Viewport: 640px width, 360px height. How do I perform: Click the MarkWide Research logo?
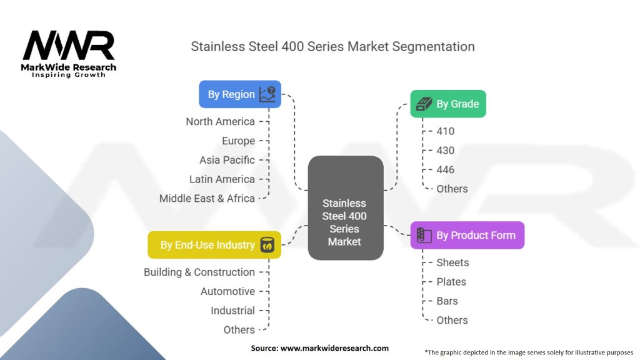[x=69, y=54]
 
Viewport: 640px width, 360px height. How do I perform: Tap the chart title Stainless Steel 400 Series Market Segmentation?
[x=332, y=47]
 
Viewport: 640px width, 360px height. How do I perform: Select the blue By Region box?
[x=240, y=94]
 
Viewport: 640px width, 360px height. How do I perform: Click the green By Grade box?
[x=447, y=104]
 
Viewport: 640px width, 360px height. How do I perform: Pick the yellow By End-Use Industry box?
[x=214, y=245]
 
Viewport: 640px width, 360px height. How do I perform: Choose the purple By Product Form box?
[x=467, y=236]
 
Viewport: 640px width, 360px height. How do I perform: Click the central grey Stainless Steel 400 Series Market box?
[x=345, y=209]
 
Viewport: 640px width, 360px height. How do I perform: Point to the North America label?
[x=220, y=121]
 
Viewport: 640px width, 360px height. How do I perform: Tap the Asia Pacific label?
[x=227, y=160]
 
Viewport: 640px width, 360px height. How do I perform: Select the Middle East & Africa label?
[x=207, y=199]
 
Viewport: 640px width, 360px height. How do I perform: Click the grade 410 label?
[x=446, y=131]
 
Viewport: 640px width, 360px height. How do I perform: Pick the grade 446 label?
[x=446, y=170]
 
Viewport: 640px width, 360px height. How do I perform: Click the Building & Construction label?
[x=199, y=272]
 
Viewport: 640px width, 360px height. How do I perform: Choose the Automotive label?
[x=227, y=292]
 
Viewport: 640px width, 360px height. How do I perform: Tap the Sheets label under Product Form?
[x=452, y=263]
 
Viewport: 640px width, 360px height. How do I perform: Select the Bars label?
[x=447, y=301]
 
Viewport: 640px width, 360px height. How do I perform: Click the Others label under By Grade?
[x=452, y=189]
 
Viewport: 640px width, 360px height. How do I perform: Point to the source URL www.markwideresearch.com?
[x=320, y=348]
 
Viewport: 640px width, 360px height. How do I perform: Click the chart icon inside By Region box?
[x=267, y=94]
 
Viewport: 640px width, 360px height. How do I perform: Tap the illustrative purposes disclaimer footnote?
[x=529, y=352]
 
